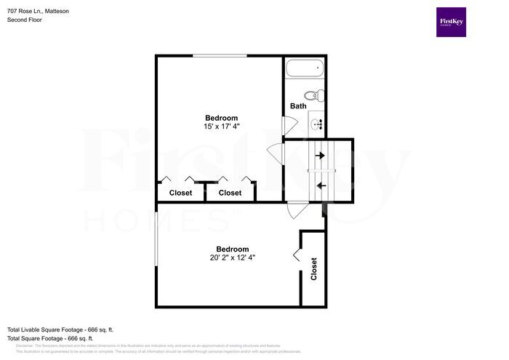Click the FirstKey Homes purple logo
pyautogui.click(x=451, y=23)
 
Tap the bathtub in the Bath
pyautogui.click(x=303, y=71)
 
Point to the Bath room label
pyautogui.click(x=298, y=106)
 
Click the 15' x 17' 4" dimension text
pyautogui.click(x=221, y=127)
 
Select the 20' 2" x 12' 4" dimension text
pyautogui.click(x=232, y=257)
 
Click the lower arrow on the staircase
pyautogui.click(x=320, y=185)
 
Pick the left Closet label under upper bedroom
pyautogui.click(x=180, y=193)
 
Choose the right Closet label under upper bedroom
pyautogui.click(x=230, y=193)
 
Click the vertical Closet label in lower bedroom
pyautogui.click(x=314, y=269)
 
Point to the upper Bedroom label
pyautogui.click(x=221, y=118)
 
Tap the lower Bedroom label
pyautogui.click(x=232, y=249)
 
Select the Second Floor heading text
pyautogui.click(x=25, y=20)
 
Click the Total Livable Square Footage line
pyautogui.click(x=60, y=329)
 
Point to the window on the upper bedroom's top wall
pyautogui.click(x=220, y=55)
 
